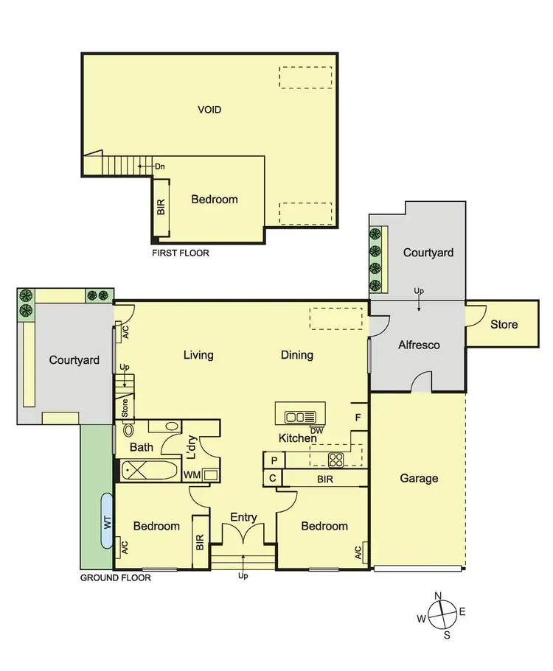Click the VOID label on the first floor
pos(209,110)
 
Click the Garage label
pos(419,478)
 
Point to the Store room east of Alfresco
pos(504,323)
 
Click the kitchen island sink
pos(300,417)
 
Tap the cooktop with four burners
pos(335,460)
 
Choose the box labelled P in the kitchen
pos(274,460)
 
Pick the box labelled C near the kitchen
pos(274,478)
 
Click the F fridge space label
pos(358,417)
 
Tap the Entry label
pos(244,517)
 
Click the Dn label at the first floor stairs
pos(159,166)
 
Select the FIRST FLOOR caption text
pos(180,253)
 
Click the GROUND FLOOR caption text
pos(115,578)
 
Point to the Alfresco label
pos(419,345)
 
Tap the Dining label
pos(297,355)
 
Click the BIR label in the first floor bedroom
pos(161,208)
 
